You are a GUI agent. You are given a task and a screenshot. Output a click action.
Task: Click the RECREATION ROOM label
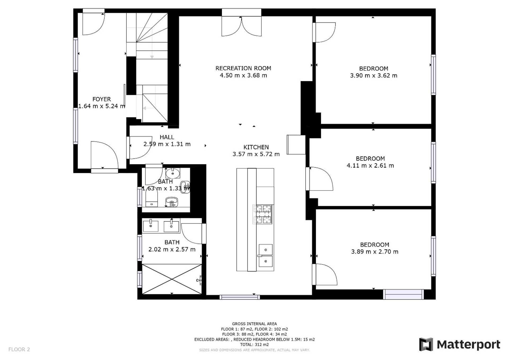[243, 68]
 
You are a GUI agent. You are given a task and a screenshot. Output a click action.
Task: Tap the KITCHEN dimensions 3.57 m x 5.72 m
[256, 154]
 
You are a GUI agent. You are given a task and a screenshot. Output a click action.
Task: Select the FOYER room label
[102, 99]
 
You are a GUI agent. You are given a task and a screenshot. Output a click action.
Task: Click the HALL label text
[167, 137]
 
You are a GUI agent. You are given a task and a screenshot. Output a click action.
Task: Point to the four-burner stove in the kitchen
[263, 214]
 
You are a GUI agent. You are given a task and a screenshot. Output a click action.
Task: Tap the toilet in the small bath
[152, 199]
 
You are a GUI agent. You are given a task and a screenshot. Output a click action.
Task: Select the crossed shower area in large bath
[172, 279]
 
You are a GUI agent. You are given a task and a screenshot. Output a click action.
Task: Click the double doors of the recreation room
[242, 27]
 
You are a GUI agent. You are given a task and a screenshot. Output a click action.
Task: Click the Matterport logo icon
[426, 344]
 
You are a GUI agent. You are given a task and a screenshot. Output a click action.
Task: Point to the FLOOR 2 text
[19, 349]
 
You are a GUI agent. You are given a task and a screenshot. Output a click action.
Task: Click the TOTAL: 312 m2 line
[254, 345]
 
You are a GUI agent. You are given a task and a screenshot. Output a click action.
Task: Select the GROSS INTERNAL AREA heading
[254, 324]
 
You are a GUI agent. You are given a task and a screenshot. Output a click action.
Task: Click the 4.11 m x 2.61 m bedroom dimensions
[370, 166]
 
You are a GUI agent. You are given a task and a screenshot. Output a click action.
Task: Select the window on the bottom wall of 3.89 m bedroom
[403, 295]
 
